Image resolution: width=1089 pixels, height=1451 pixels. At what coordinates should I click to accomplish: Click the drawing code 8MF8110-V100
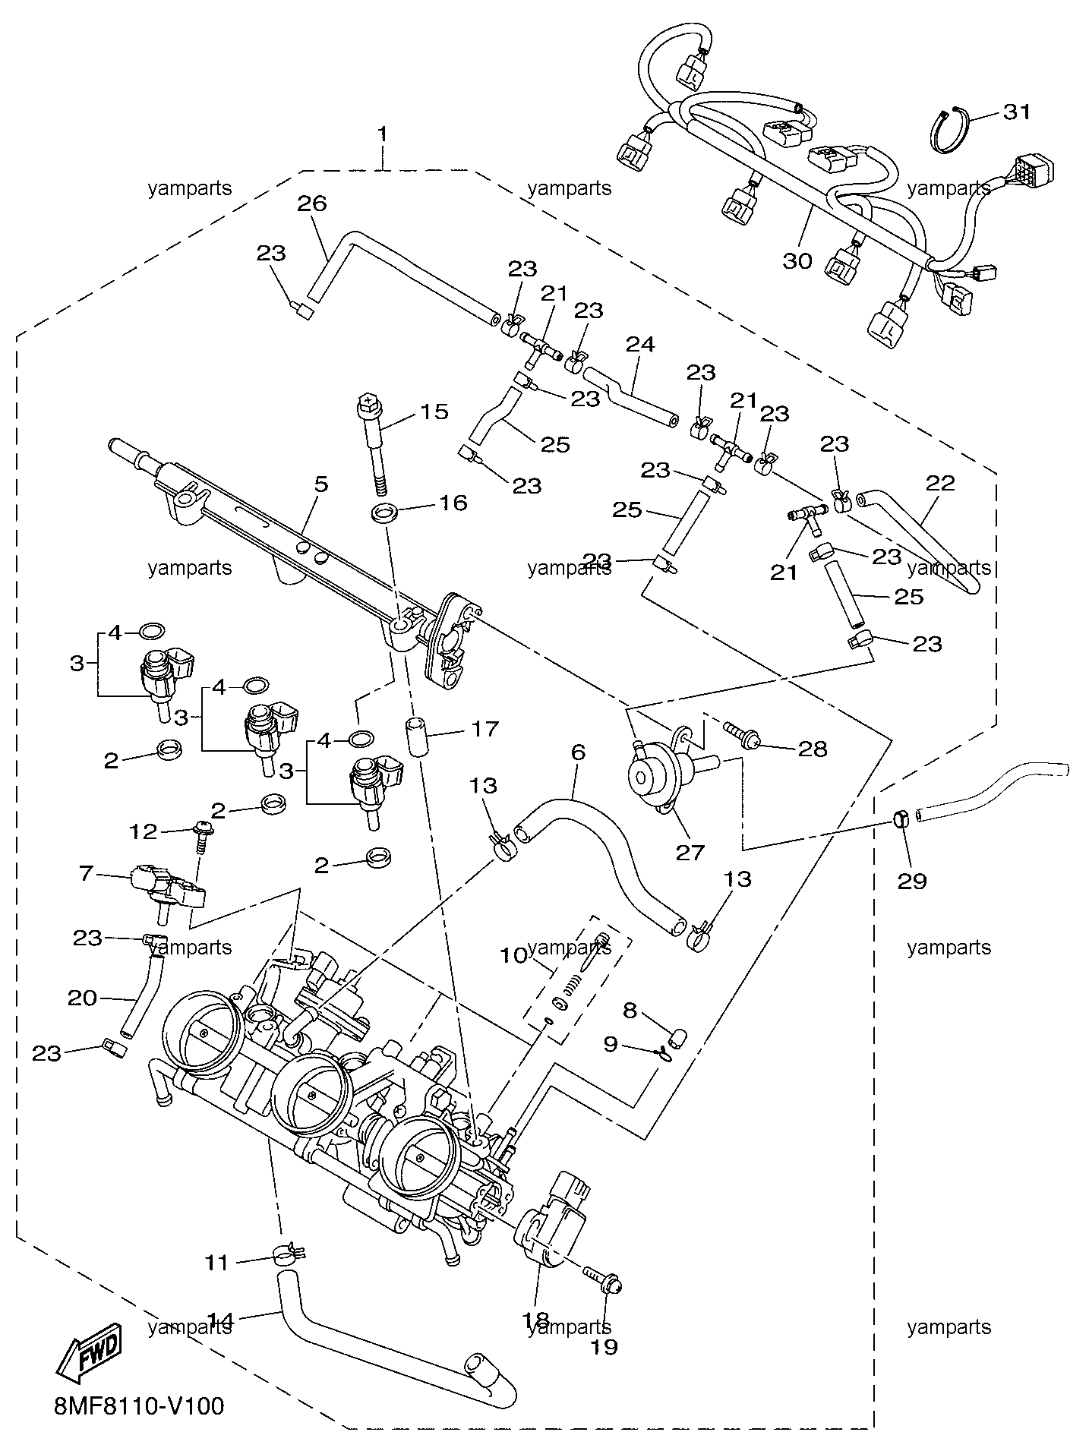point(140,1407)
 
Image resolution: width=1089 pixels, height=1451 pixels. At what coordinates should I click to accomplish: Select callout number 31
point(1017,112)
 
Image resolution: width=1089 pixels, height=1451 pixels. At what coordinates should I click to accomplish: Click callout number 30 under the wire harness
point(798,261)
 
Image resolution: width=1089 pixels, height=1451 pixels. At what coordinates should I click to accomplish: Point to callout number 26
point(311,203)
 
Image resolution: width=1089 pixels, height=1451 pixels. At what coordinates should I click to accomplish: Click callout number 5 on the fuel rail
point(321,484)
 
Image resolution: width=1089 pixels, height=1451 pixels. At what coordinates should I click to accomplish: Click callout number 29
point(912,881)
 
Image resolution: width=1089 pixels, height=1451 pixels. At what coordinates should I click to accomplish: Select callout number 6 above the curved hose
point(578,752)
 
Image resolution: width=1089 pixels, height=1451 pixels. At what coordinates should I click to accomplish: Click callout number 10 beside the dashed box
point(513,954)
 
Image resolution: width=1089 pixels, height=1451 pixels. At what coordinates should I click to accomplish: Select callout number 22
point(940,483)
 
